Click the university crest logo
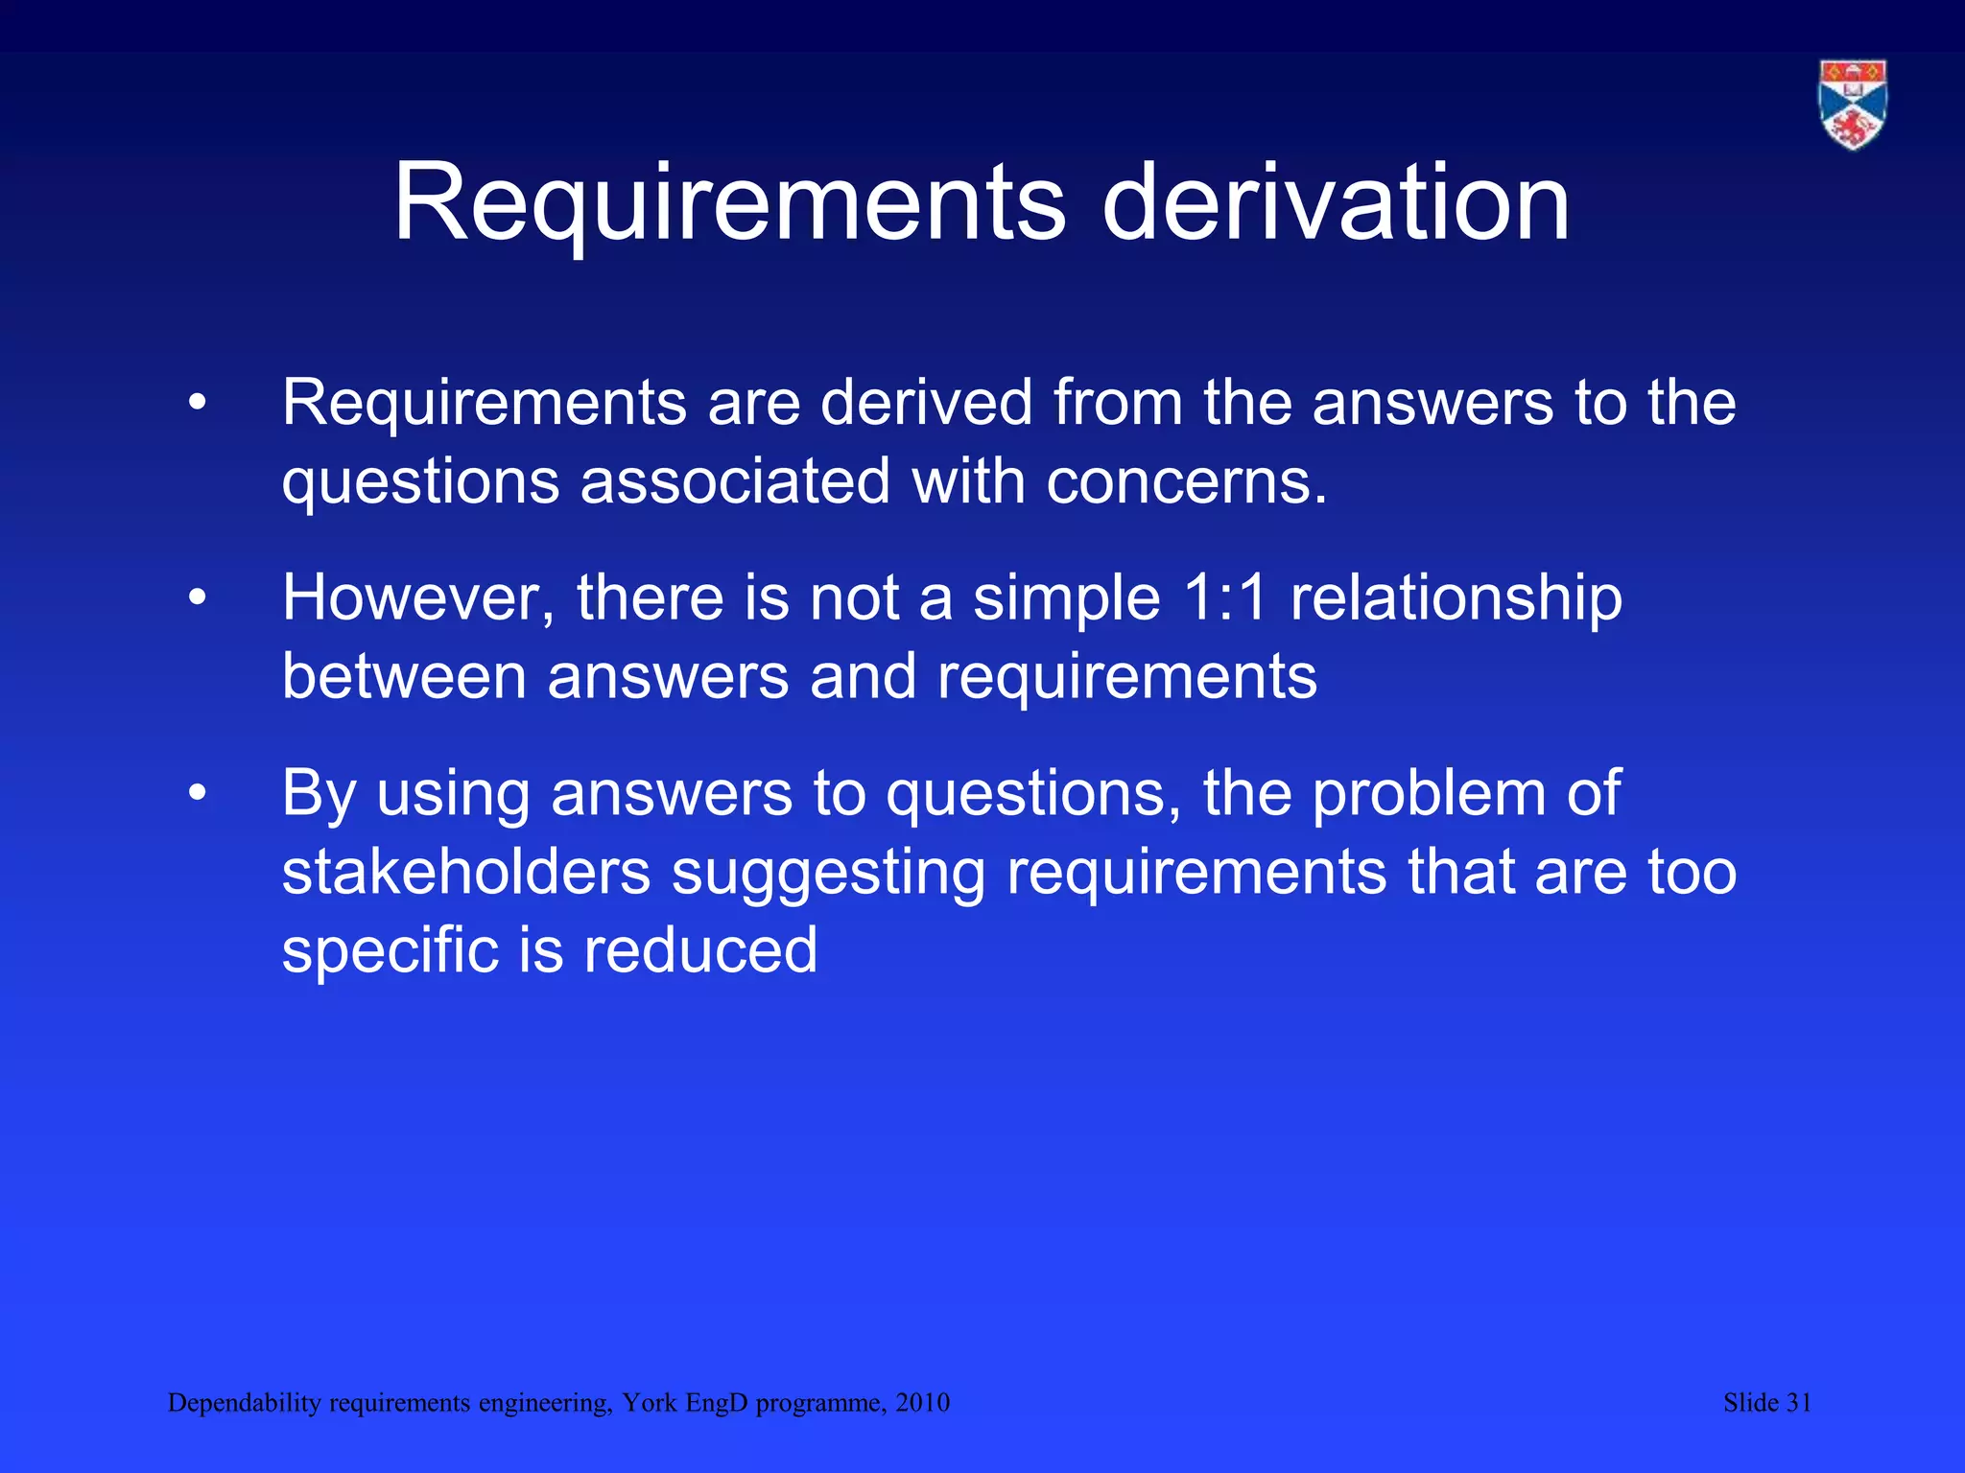click(x=1853, y=105)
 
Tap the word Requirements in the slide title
click(x=729, y=203)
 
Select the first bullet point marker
click(x=198, y=404)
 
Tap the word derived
click(x=926, y=403)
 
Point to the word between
click(x=404, y=677)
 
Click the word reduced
click(x=700, y=951)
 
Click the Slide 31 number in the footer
click(x=1767, y=1403)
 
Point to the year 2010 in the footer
click(x=922, y=1403)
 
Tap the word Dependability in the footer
click(x=244, y=1403)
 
